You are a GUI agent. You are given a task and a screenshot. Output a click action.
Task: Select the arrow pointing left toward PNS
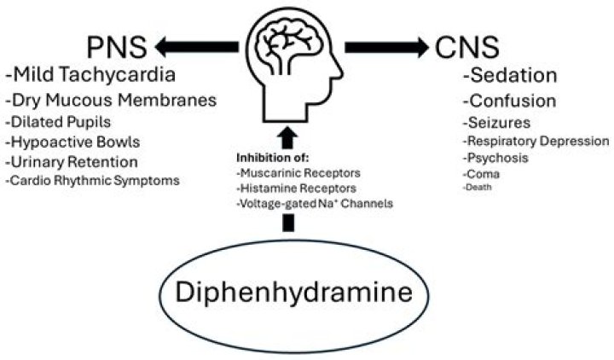[199, 46]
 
